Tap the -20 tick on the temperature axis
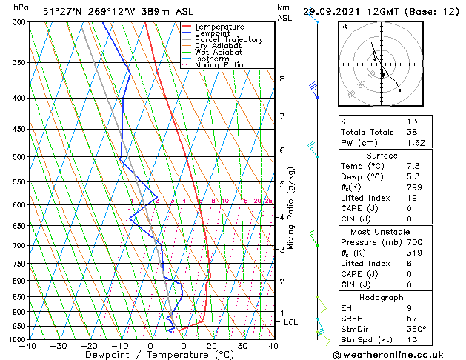(x=89, y=345)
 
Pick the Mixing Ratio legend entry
(x=219, y=65)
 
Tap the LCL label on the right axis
(x=291, y=322)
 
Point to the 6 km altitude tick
(x=282, y=150)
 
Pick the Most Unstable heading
(x=382, y=232)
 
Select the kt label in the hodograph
(x=344, y=27)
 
